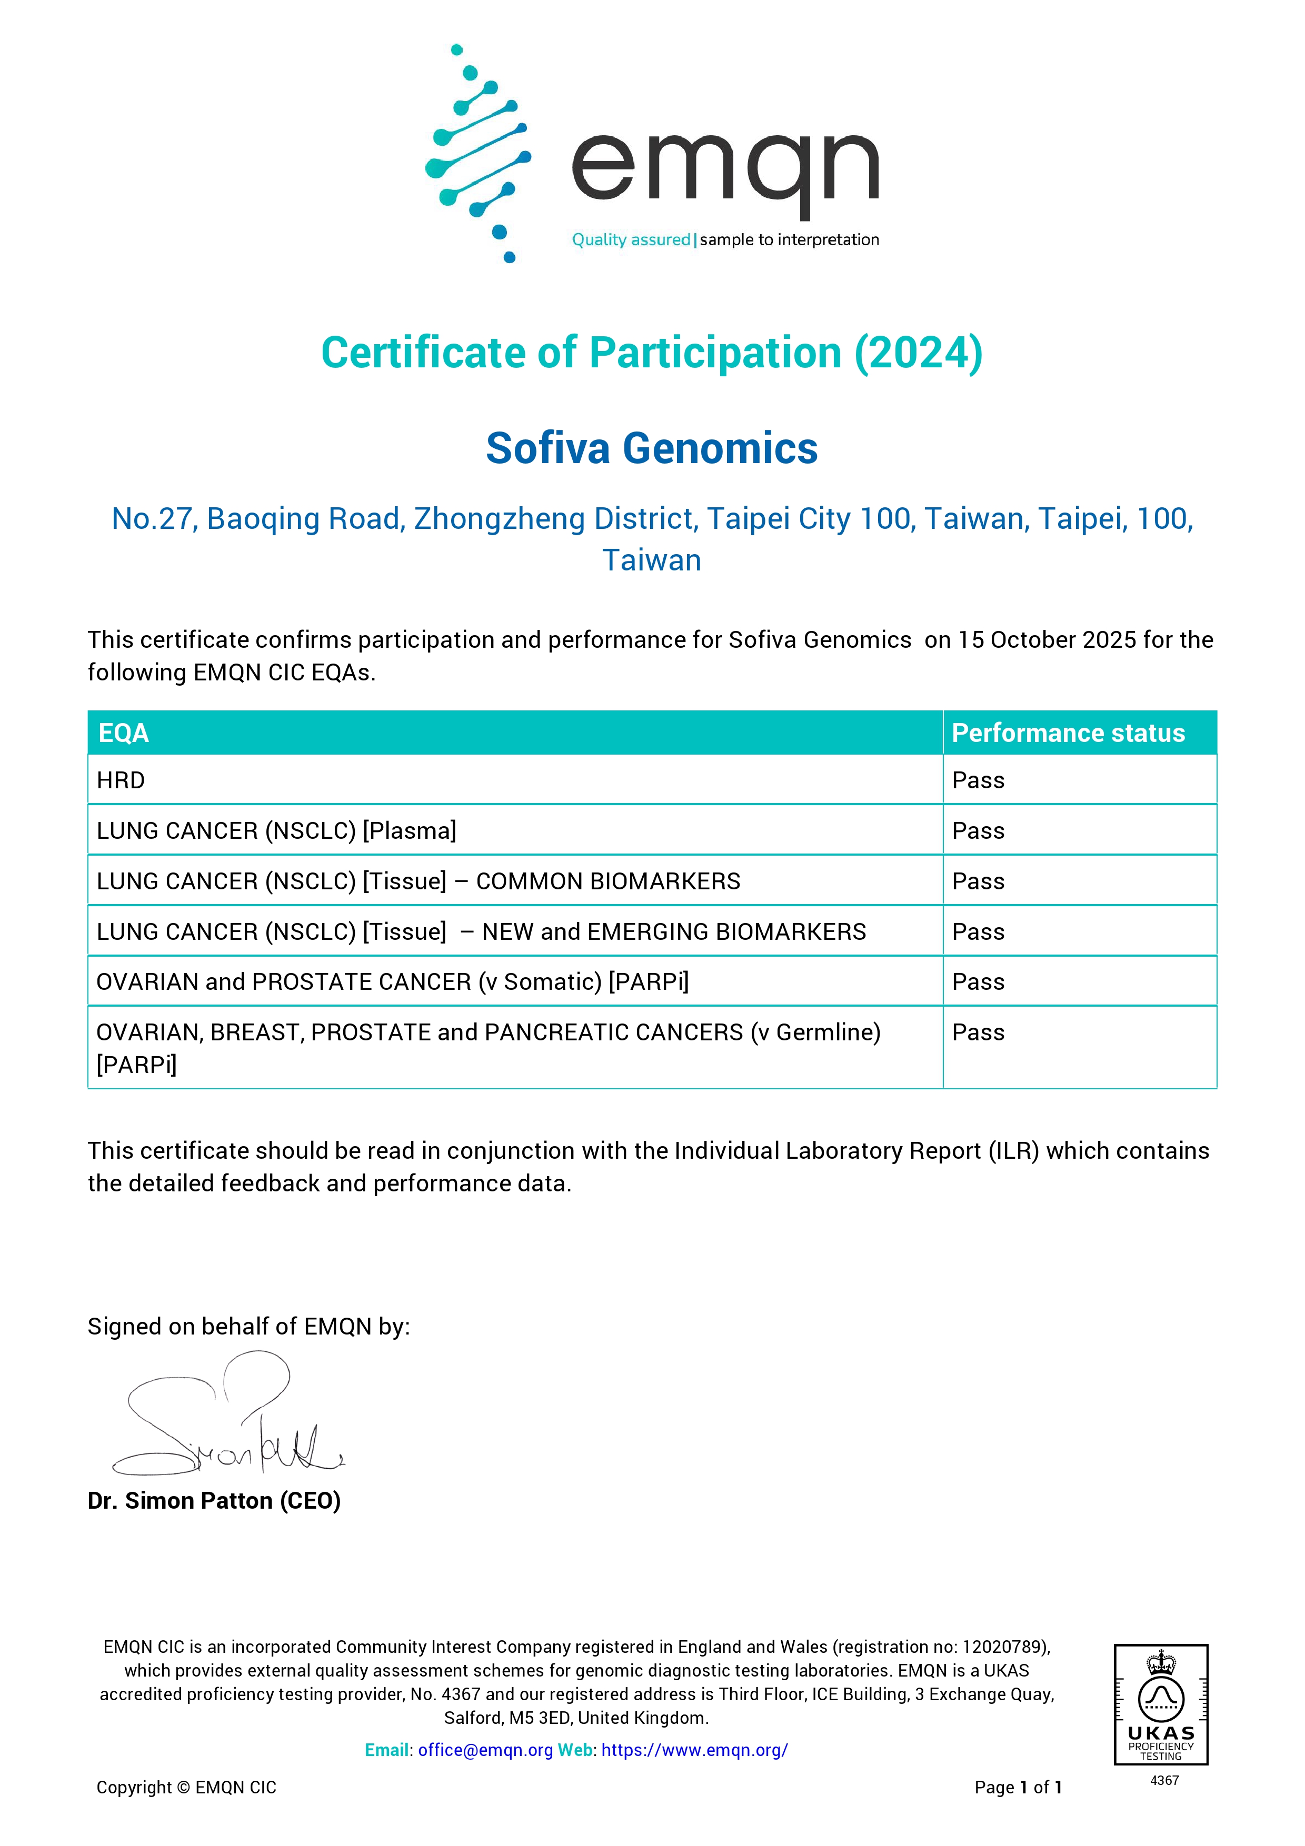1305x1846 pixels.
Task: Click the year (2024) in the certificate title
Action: [918, 353]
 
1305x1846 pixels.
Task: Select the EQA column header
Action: [123, 733]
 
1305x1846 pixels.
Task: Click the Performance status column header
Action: [1068, 733]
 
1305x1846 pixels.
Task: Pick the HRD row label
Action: [121, 781]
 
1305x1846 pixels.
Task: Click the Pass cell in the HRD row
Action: [978, 781]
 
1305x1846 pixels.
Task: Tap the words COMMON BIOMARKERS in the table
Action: [608, 881]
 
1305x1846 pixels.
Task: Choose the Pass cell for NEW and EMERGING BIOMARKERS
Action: [978, 932]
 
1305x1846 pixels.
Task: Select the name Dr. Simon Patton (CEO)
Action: [214, 1501]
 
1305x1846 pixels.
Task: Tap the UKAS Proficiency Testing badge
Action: [1160, 1704]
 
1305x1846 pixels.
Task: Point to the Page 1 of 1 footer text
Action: [1018, 1787]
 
